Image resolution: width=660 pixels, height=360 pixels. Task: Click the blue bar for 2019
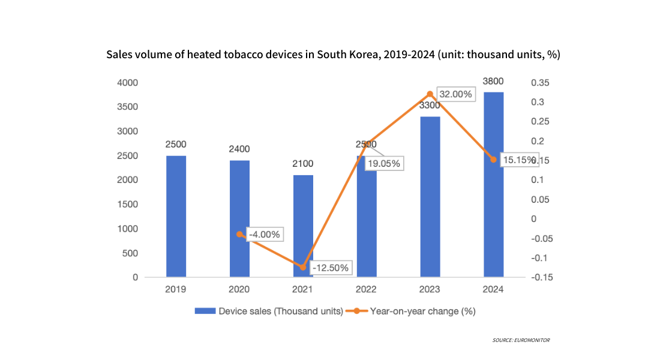coord(176,217)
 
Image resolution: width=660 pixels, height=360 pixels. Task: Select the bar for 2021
coord(303,226)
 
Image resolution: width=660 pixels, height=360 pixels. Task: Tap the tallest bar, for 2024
coord(494,185)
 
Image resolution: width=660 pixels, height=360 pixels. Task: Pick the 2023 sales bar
coord(430,197)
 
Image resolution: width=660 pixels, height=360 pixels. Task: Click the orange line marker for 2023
coord(430,94)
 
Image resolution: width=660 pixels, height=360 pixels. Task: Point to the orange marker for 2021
coord(303,267)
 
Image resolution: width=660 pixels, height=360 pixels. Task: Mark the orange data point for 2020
coord(239,234)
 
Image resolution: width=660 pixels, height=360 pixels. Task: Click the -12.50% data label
coord(331,268)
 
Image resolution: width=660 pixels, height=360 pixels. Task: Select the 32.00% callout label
coord(455,95)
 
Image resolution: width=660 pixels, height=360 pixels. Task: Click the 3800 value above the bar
coord(493,82)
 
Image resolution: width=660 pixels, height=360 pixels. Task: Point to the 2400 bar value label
coord(239,149)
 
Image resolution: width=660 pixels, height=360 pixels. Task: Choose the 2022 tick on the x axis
coord(367,289)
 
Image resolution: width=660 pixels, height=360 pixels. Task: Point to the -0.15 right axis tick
coord(541,278)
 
